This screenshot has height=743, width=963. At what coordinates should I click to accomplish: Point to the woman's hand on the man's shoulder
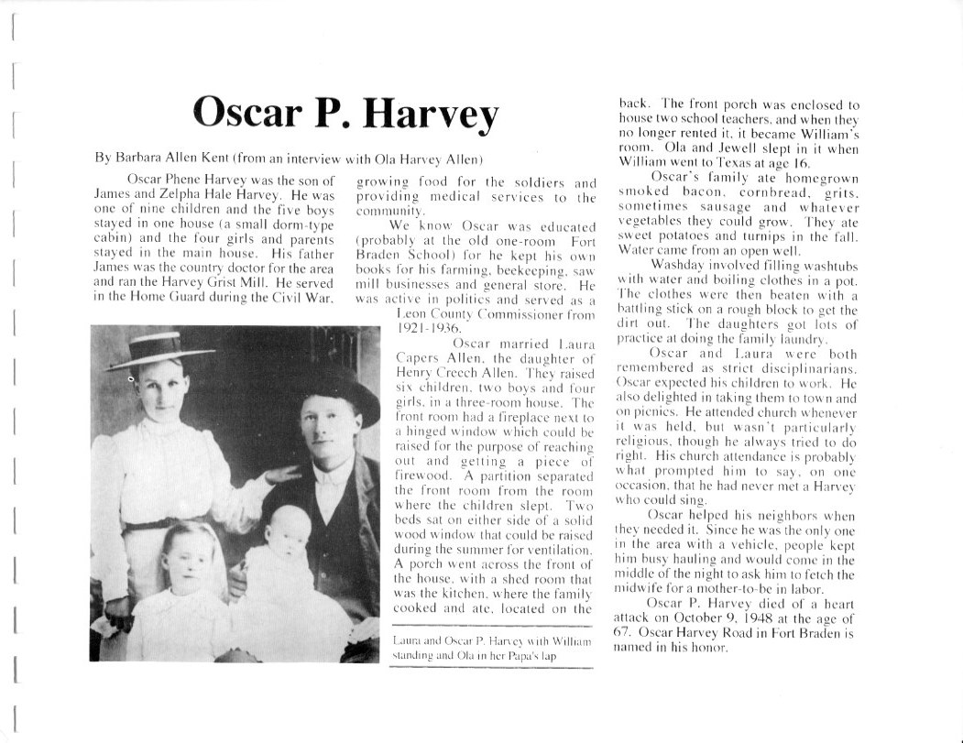pyautogui.click(x=279, y=475)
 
